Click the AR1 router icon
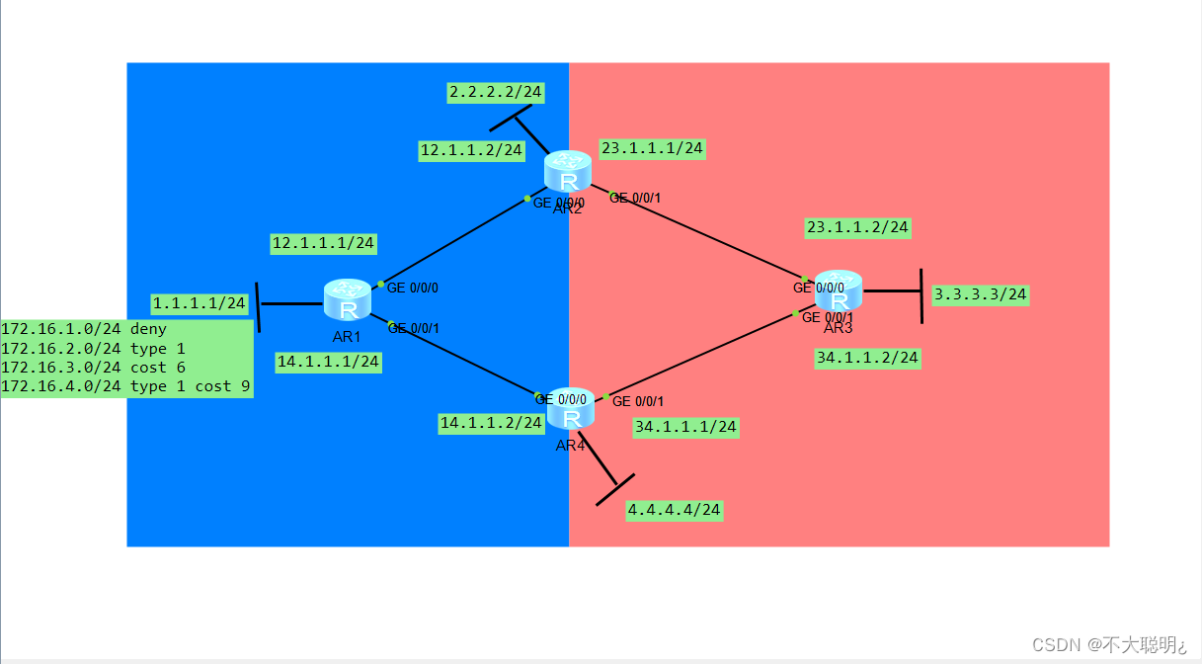347,300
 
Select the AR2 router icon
568,172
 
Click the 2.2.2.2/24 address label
495,92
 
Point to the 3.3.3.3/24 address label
980,294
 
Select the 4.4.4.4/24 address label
675,510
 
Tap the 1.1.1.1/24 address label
199,303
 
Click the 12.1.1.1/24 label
323,243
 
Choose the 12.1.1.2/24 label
471,150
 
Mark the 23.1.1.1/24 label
652,148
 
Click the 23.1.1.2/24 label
857,227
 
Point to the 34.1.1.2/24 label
867,358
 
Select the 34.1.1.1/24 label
685,427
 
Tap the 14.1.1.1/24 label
328,362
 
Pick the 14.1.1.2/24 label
491,423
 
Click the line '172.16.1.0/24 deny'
84,329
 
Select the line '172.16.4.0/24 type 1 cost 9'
125,386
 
